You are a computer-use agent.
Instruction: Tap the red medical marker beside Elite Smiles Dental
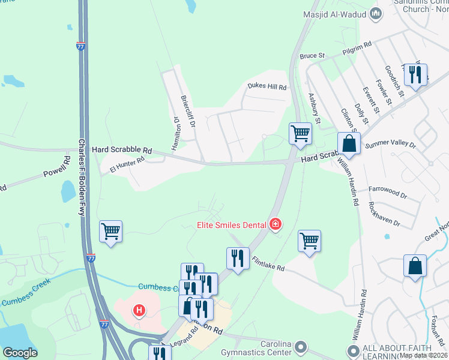tap(276, 224)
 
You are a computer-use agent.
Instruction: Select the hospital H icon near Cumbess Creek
tap(139, 310)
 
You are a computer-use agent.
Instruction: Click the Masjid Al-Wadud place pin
tap(376, 13)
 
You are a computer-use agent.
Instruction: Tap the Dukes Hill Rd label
tap(267, 86)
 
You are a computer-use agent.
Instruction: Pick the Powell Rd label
tap(57, 167)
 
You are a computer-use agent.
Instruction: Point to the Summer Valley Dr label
tap(394, 144)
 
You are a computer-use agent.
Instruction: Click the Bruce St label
tap(312, 55)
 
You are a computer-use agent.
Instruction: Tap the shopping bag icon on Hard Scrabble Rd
tap(349, 143)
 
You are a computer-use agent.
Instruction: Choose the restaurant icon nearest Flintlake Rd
tap(238, 259)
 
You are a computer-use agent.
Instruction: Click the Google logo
tap(20, 352)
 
